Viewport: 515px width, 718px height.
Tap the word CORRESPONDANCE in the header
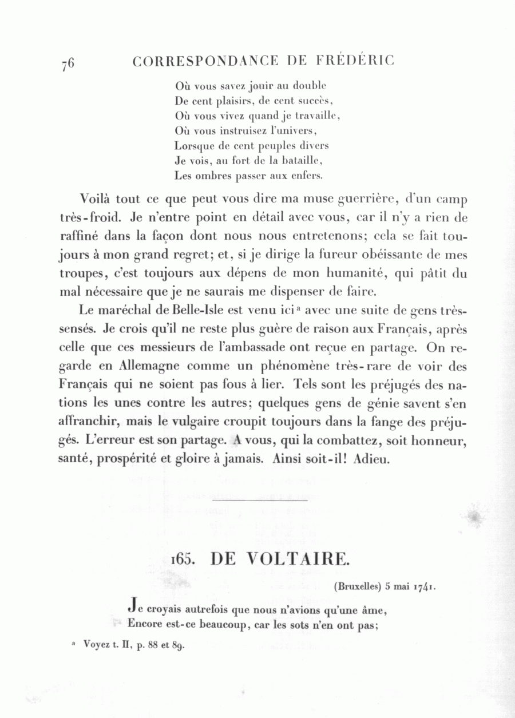coord(205,61)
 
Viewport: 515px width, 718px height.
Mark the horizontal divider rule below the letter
coord(260,501)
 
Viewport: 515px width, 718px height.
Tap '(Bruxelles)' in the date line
coord(356,586)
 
